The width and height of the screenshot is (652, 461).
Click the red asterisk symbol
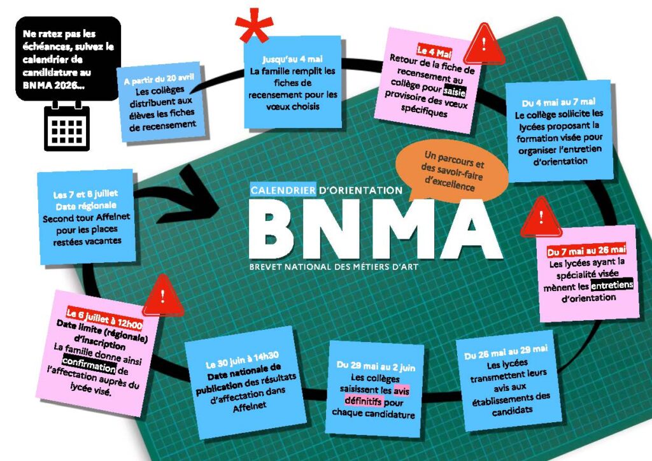click(253, 25)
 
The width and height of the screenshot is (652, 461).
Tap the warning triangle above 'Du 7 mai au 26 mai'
click(541, 217)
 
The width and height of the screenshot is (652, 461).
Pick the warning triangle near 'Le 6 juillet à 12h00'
click(163, 296)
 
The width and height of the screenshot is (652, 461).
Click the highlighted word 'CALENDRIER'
click(283, 190)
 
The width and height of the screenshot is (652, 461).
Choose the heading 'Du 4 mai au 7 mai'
click(558, 102)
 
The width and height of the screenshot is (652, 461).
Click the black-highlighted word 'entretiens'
click(612, 285)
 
